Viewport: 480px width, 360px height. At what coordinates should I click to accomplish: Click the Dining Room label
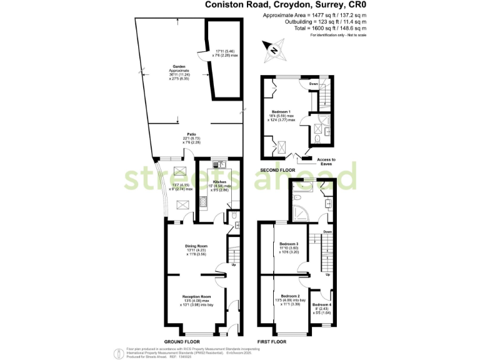196,246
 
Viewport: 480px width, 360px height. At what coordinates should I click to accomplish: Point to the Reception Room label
196,296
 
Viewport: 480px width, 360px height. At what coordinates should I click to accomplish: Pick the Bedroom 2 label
290,296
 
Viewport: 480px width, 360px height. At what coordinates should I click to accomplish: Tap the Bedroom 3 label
289,244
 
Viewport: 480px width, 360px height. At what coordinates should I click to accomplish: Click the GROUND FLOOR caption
182,342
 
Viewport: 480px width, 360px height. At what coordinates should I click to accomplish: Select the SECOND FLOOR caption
277,169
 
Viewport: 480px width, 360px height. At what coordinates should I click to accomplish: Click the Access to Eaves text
326,161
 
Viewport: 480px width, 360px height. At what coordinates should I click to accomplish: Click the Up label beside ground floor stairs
235,264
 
